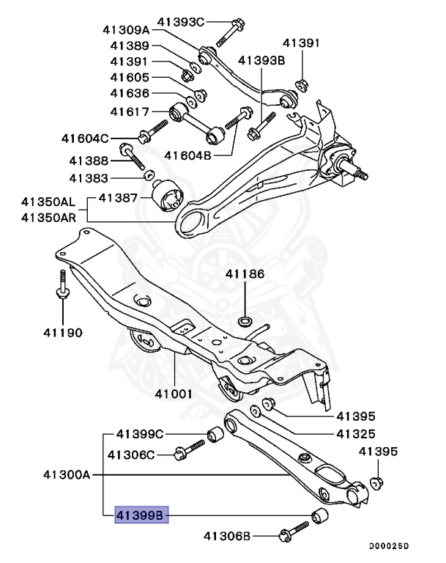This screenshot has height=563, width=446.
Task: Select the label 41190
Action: [62, 332]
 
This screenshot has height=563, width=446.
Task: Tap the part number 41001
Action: [174, 394]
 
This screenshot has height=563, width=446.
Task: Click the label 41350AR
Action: [48, 217]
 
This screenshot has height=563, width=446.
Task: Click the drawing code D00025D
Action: [389, 546]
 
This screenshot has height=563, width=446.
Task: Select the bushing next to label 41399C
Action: [215, 434]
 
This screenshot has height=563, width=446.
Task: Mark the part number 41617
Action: [130, 111]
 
